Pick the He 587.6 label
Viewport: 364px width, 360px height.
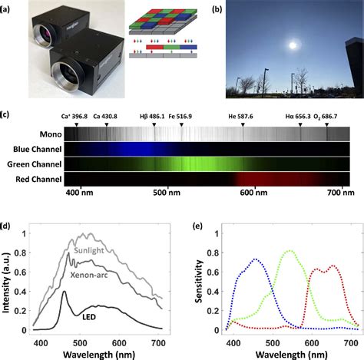(x=244, y=117)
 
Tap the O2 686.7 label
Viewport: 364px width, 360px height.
(x=329, y=117)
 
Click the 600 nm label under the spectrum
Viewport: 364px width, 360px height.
(x=253, y=194)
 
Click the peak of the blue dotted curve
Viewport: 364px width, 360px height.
(x=256, y=260)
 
